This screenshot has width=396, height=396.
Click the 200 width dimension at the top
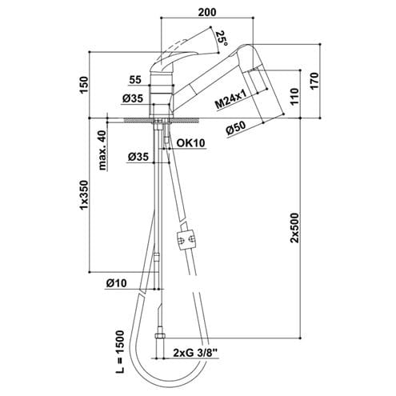[x=207, y=12]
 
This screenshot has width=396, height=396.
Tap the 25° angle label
[x=222, y=38]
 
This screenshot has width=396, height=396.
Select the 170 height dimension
[x=314, y=81]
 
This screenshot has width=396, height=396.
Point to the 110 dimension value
[x=294, y=96]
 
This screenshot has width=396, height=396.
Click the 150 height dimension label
[x=84, y=85]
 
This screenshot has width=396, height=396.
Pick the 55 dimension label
[x=135, y=79]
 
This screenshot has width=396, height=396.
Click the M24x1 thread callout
[x=230, y=99]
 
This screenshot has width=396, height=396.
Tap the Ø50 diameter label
[x=236, y=129]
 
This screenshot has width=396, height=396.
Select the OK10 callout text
[x=191, y=143]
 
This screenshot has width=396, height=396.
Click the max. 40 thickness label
[x=102, y=150]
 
